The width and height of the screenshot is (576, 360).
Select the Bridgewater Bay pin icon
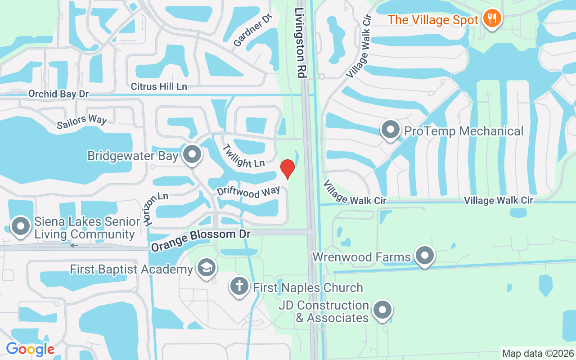(x=193, y=154)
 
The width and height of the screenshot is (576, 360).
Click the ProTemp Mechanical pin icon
(x=391, y=130)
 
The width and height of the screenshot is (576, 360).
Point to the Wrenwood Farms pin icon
(x=424, y=256)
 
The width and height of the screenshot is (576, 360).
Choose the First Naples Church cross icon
(x=240, y=286)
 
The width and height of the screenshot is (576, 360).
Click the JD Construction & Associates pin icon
(x=382, y=310)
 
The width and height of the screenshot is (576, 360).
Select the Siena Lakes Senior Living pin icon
(x=21, y=226)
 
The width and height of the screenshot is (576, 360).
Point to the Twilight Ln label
(x=243, y=156)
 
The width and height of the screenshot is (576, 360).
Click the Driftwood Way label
(x=248, y=192)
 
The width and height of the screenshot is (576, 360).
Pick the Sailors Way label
(x=82, y=122)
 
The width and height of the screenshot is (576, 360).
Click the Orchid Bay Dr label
(x=58, y=94)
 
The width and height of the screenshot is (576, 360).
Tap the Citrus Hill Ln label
(x=159, y=86)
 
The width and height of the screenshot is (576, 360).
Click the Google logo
(x=30, y=349)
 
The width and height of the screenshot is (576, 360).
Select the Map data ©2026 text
(x=538, y=353)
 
